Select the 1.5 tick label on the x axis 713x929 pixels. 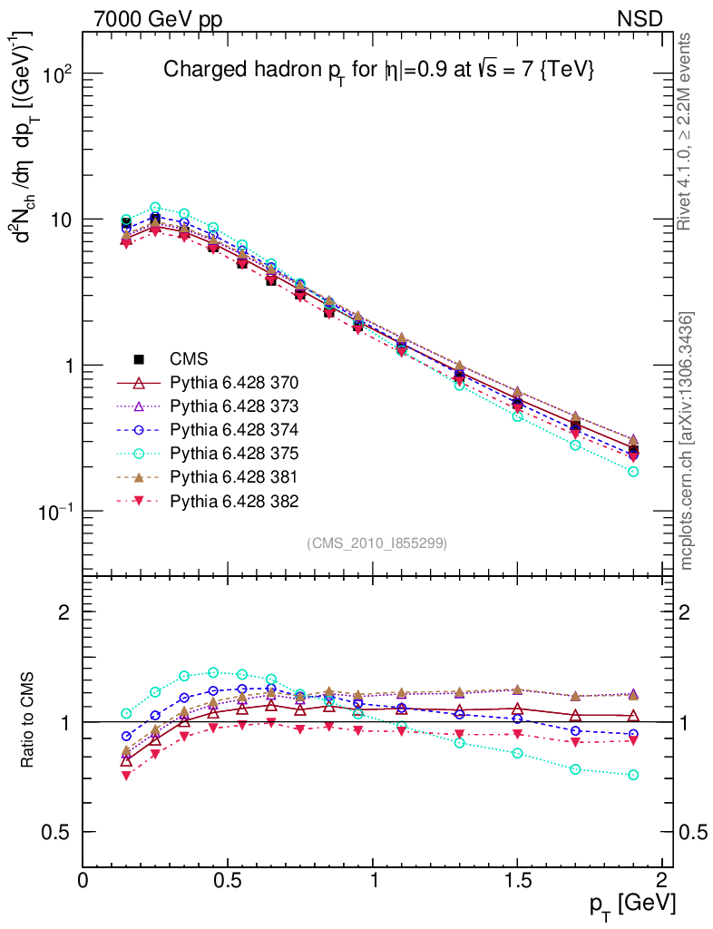[x=517, y=879]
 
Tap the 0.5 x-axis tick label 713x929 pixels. [x=227, y=879]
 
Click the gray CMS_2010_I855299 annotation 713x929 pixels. [x=376, y=543]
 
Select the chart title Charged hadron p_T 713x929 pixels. [x=377, y=70]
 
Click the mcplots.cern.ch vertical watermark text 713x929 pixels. [x=687, y=440]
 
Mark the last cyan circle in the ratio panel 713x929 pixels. [x=633, y=775]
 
